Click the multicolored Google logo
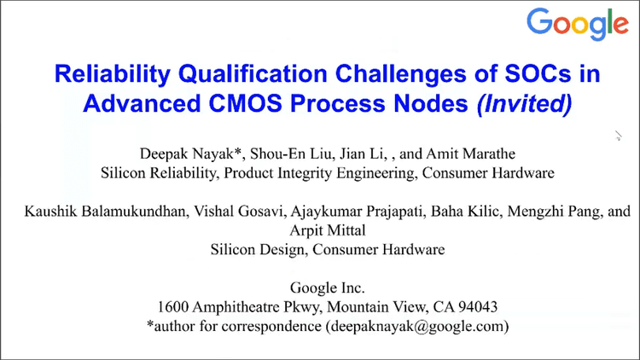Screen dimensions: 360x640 pos(577,25)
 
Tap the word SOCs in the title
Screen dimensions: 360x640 pos(532,73)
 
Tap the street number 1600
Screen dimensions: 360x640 pos(174,306)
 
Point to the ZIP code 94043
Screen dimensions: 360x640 pos(478,306)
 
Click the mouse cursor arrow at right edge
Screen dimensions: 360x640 pos(617,134)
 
